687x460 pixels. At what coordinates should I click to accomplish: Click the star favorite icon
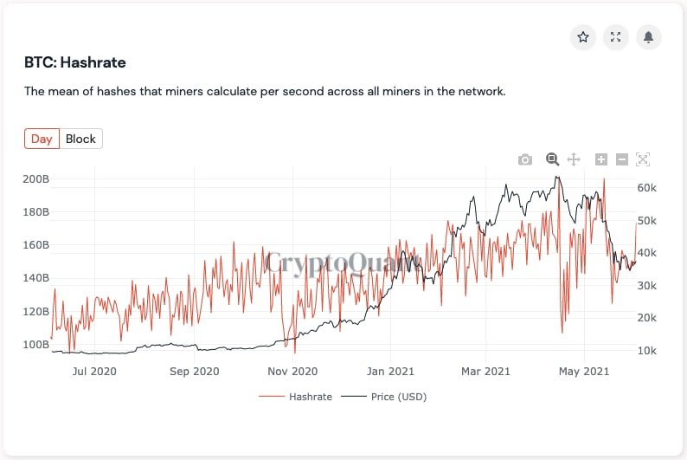(583, 37)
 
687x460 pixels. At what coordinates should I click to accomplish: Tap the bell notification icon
(649, 37)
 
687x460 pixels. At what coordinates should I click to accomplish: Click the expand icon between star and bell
(616, 37)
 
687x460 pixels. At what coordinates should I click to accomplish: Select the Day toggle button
(42, 139)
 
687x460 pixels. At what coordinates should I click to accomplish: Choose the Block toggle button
(81, 139)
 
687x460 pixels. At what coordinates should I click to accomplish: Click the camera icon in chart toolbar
(525, 159)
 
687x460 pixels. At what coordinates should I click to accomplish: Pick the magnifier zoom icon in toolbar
(552, 159)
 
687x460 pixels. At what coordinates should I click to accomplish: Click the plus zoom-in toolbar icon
(601, 159)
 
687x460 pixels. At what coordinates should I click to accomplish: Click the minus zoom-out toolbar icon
(622, 159)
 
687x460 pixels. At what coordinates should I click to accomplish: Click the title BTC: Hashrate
(75, 62)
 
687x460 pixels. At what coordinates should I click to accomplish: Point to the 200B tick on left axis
(35, 179)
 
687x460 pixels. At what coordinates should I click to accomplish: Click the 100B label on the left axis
(35, 345)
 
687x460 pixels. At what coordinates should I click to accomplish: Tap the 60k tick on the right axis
(647, 188)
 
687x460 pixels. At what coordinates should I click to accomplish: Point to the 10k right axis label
(647, 351)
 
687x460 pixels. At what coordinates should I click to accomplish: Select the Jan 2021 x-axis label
(389, 372)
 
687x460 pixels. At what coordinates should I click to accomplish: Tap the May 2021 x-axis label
(584, 372)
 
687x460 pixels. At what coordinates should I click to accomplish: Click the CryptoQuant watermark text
(343, 262)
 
